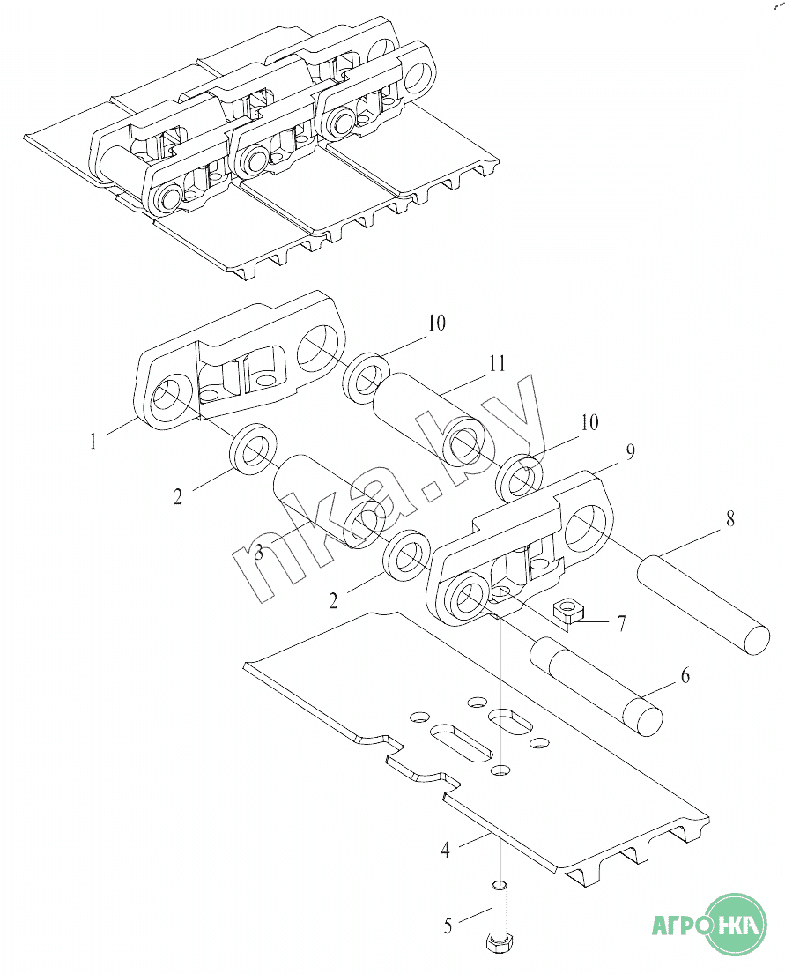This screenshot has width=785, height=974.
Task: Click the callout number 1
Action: pos(93,442)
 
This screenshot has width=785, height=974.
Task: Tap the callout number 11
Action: pos(497,363)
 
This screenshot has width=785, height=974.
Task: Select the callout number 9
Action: pos(630,452)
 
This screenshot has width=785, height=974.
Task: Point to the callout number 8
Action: pos(730,518)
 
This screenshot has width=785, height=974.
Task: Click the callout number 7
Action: pos(622,623)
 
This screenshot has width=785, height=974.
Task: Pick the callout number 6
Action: pos(685,676)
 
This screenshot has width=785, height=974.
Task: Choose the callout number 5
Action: pos(448,926)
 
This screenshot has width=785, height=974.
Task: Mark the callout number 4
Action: pos(445,850)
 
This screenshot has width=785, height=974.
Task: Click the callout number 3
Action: pos(260,552)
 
